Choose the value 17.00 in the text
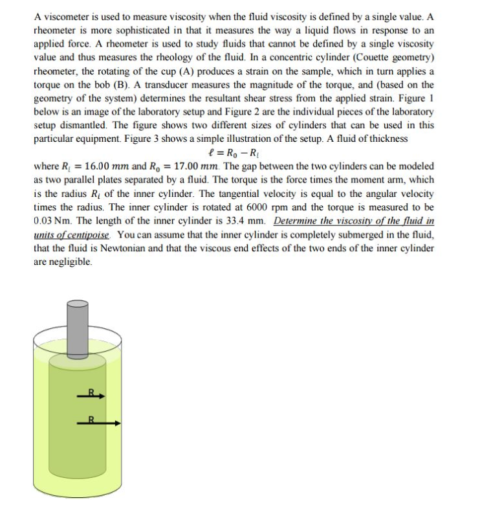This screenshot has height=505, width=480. pyautogui.click(x=191, y=166)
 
